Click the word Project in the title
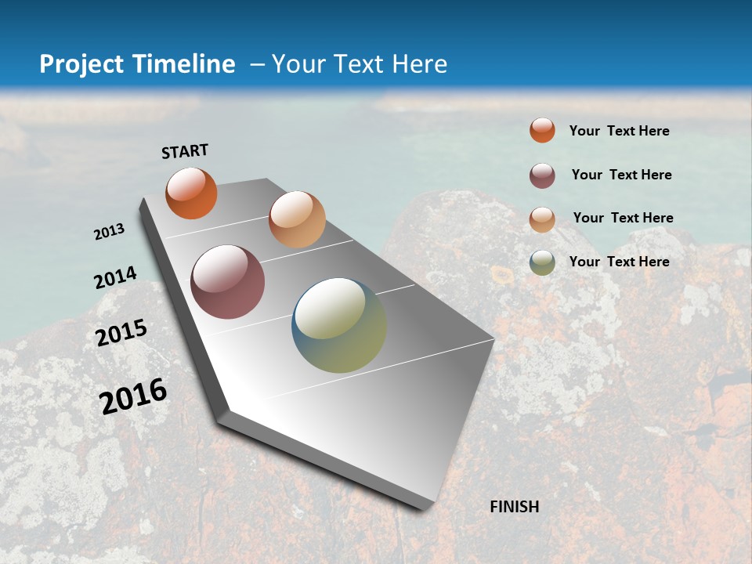click(81, 64)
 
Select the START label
click(185, 151)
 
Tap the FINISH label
click(515, 507)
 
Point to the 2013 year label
click(110, 231)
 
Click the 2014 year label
click(116, 278)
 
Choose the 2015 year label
click(121, 333)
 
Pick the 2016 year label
click(133, 396)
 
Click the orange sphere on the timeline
click(191, 193)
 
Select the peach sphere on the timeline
click(297, 219)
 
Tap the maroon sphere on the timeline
click(228, 282)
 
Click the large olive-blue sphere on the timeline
click(339, 325)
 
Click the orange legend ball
click(542, 130)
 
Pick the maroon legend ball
click(542, 175)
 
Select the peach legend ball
click(542, 219)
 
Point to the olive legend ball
click(542, 262)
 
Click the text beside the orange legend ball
click(619, 131)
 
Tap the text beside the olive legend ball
click(619, 262)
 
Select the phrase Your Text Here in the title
click(360, 64)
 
